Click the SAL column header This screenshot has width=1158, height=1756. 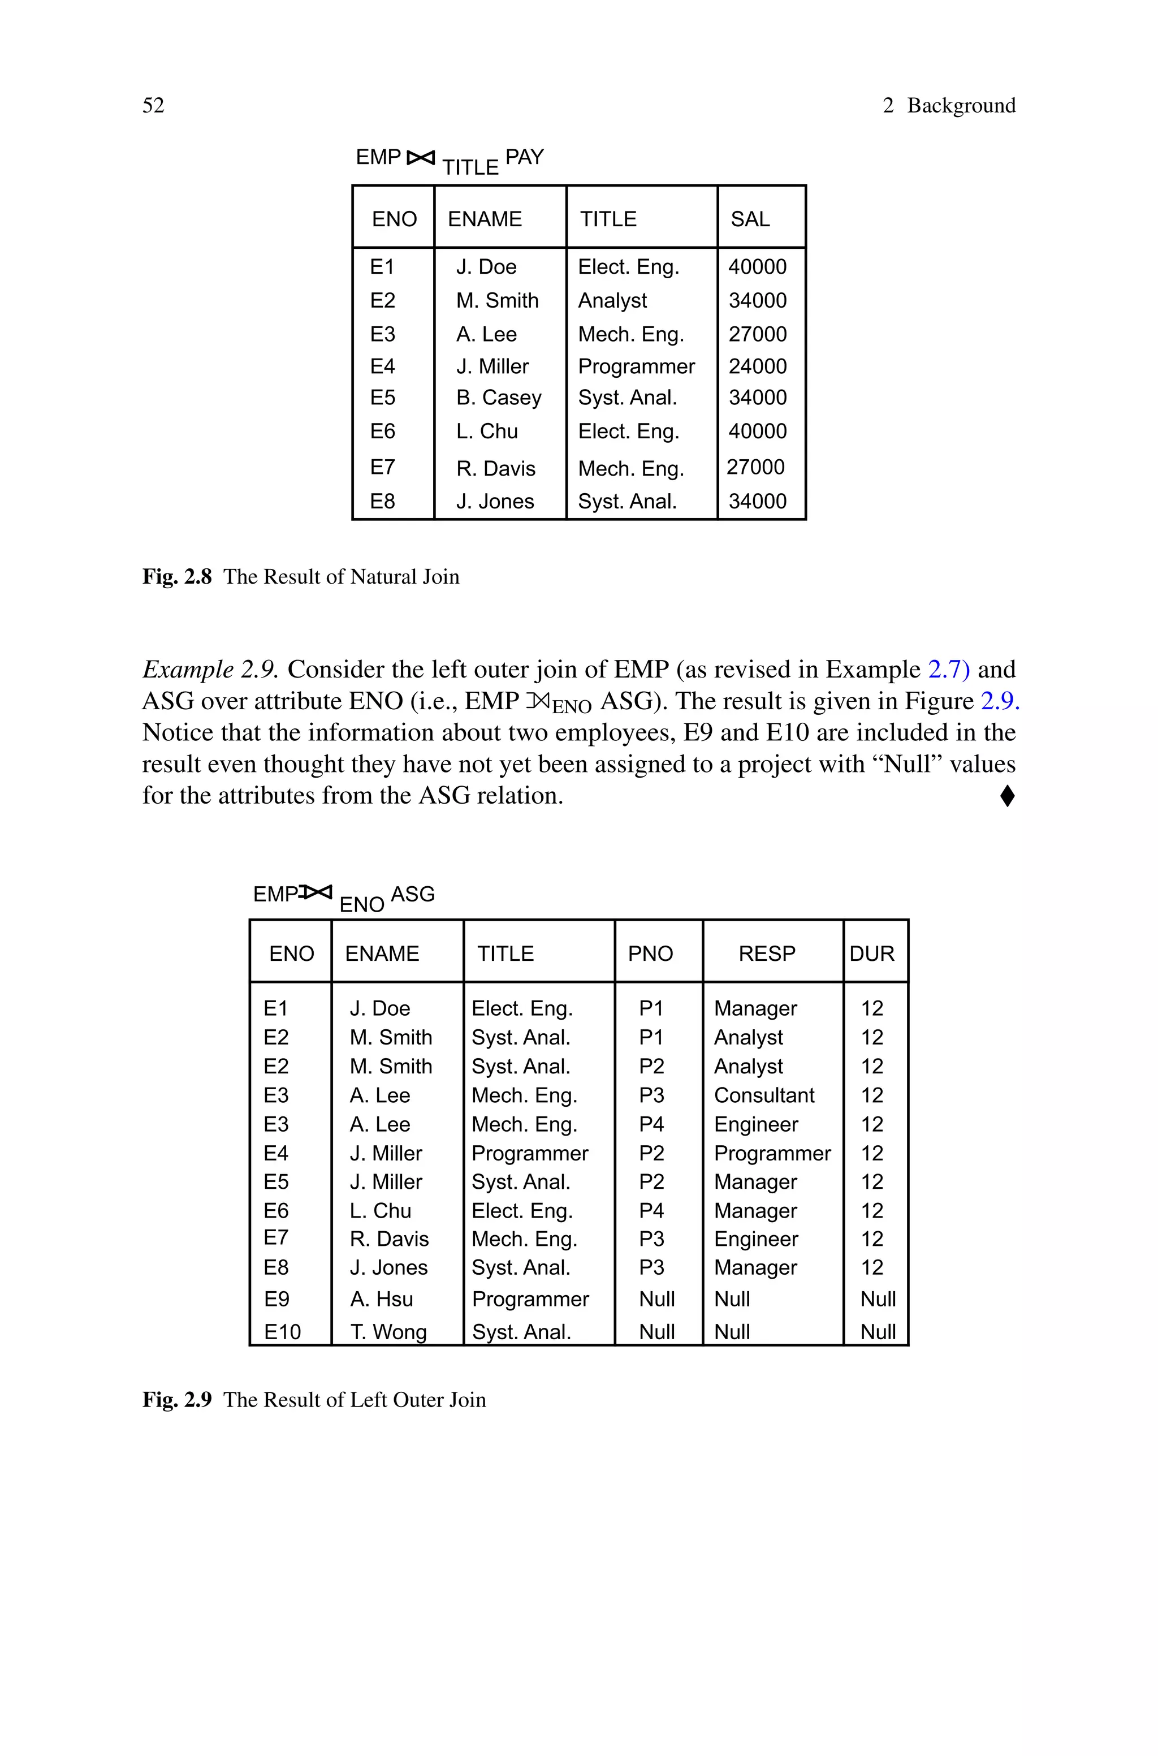pyautogui.click(x=750, y=219)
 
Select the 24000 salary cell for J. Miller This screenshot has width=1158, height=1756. pyautogui.click(x=757, y=366)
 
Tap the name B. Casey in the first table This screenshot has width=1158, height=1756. pyautogui.click(x=499, y=398)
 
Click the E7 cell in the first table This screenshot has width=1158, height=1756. pyautogui.click(x=383, y=468)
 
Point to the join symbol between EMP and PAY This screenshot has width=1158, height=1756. pyautogui.click(x=421, y=157)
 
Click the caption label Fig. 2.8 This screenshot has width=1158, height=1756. pyautogui.click(x=176, y=577)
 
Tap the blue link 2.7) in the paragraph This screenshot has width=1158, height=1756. pyautogui.click(x=948, y=669)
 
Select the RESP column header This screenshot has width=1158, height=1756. pyautogui.click(x=767, y=953)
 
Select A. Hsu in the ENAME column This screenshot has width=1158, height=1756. pyautogui.click(x=381, y=1299)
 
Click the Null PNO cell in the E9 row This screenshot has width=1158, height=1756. pyautogui.click(x=656, y=1299)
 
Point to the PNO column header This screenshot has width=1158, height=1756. pyautogui.click(x=650, y=953)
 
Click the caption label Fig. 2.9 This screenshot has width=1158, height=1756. pyautogui.click(x=176, y=1400)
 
